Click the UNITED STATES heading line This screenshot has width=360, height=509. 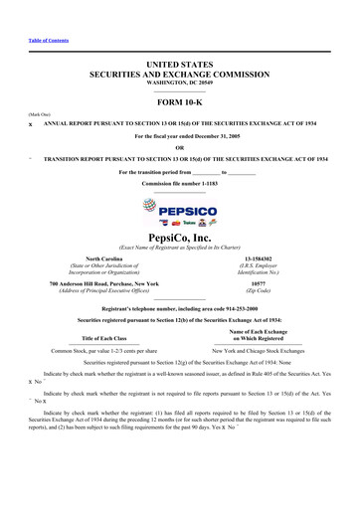point(180,63)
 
